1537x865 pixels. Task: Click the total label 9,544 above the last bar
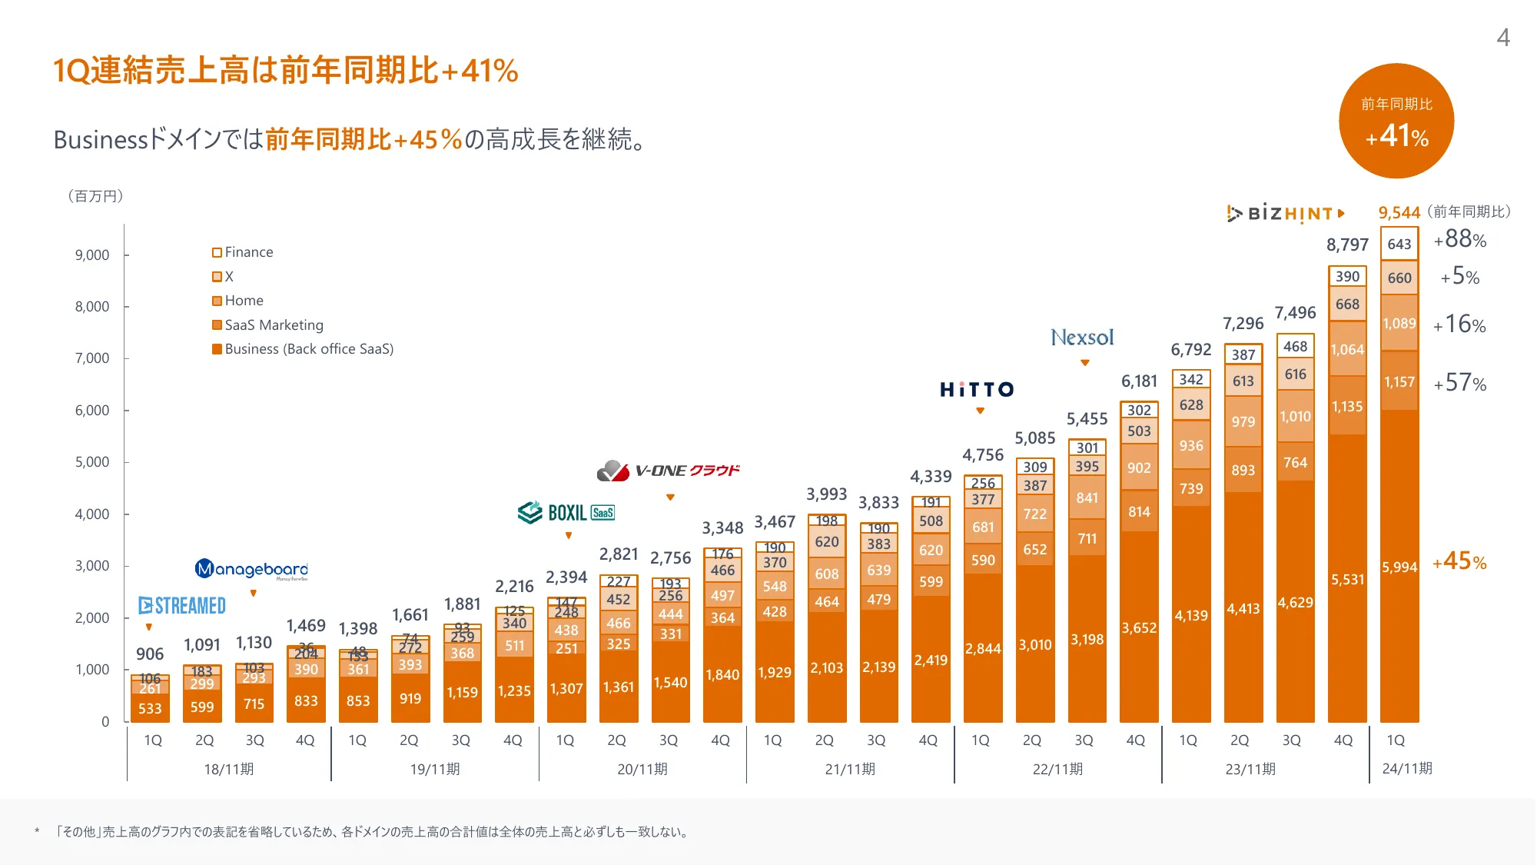click(1399, 213)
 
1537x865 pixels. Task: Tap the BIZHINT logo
click(1286, 213)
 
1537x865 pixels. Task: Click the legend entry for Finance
click(243, 252)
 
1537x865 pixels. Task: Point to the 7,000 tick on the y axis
click(92, 358)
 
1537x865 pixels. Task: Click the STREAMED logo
click(182, 606)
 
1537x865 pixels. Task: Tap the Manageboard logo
click(251, 569)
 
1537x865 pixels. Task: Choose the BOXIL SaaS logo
click(566, 513)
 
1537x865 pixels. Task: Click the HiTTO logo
click(977, 390)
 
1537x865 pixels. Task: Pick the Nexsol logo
click(1082, 338)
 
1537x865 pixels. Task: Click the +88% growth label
click(1459, 240)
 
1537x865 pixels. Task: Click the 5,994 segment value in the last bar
click(1399, 567)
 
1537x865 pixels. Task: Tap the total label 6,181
click(1139, 381)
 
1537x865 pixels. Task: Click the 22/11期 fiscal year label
click(1057, 769)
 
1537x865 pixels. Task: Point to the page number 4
click(1503, 38)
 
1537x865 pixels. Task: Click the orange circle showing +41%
click(1396, 121)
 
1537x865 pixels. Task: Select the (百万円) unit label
click(95, 196)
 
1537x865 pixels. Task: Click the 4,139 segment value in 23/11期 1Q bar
click(1190, 616)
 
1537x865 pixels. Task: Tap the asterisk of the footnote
click(37, 832)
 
